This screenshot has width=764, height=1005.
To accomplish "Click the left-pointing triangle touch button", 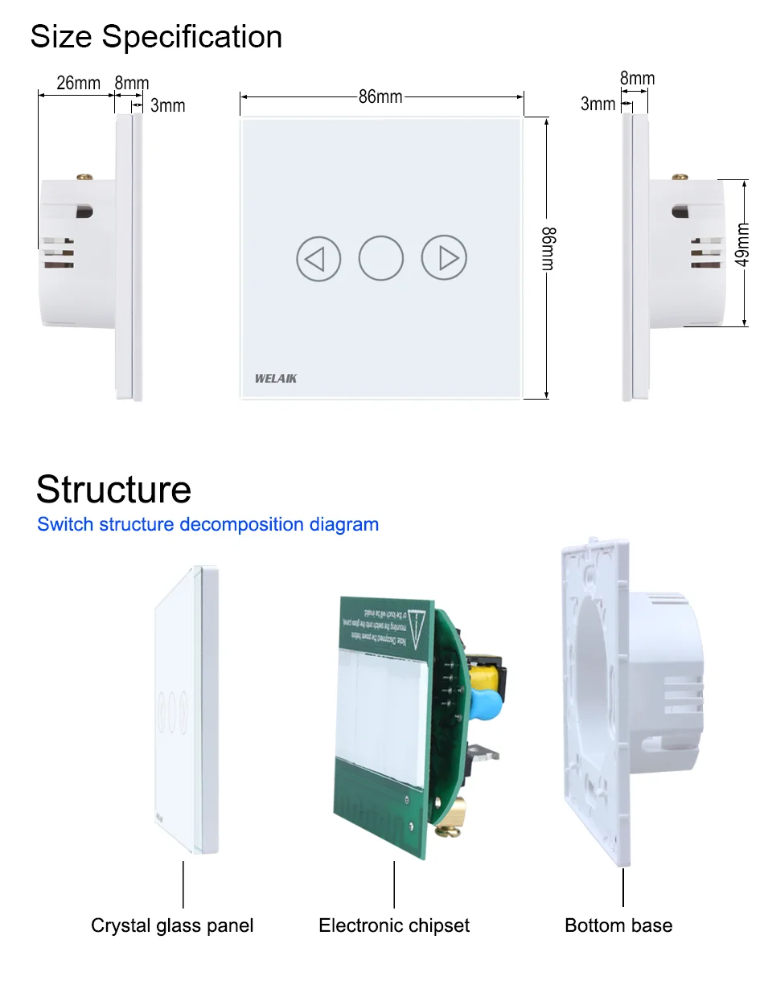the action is pos(318,259).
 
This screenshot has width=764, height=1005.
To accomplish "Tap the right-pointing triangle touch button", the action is pos(444,259).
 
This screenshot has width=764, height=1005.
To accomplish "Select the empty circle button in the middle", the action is pos(380,259).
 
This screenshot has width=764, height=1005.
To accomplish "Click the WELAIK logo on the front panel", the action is pos(276,377).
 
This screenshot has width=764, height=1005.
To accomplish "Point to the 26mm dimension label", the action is pos(78,83).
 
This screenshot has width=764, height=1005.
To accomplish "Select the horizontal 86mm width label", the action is pos(380,97).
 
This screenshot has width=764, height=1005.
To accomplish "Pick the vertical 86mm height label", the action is pos(548,249).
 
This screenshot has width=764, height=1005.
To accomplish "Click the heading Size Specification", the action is pos(156,37).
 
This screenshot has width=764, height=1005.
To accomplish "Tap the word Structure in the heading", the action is pos(113,490).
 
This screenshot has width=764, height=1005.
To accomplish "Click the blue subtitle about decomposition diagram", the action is pos(207,524).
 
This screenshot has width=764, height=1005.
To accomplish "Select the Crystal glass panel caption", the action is pos(172,925).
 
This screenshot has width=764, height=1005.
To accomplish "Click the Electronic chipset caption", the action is pos(394,925).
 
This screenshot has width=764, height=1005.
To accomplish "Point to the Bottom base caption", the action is pos(618,925).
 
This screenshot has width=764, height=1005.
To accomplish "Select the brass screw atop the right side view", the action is pos(681,174).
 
